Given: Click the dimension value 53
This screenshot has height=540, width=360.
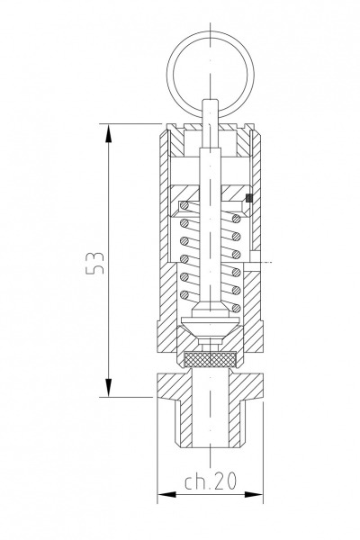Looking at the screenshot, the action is pos(94,263).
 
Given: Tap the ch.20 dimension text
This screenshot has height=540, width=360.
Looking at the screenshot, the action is pos(211,481).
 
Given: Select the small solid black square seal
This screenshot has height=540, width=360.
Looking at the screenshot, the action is pos(248,198).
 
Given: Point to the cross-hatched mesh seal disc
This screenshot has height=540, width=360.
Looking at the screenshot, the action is pos(211,360).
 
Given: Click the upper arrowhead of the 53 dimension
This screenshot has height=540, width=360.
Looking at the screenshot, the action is pos(109,132).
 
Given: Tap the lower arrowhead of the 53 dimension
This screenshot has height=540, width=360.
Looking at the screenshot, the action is pos(109,388).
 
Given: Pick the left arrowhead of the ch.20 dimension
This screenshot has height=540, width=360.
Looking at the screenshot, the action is pos(166,494).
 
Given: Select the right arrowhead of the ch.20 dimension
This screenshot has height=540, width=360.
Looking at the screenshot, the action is pos(254,494).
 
